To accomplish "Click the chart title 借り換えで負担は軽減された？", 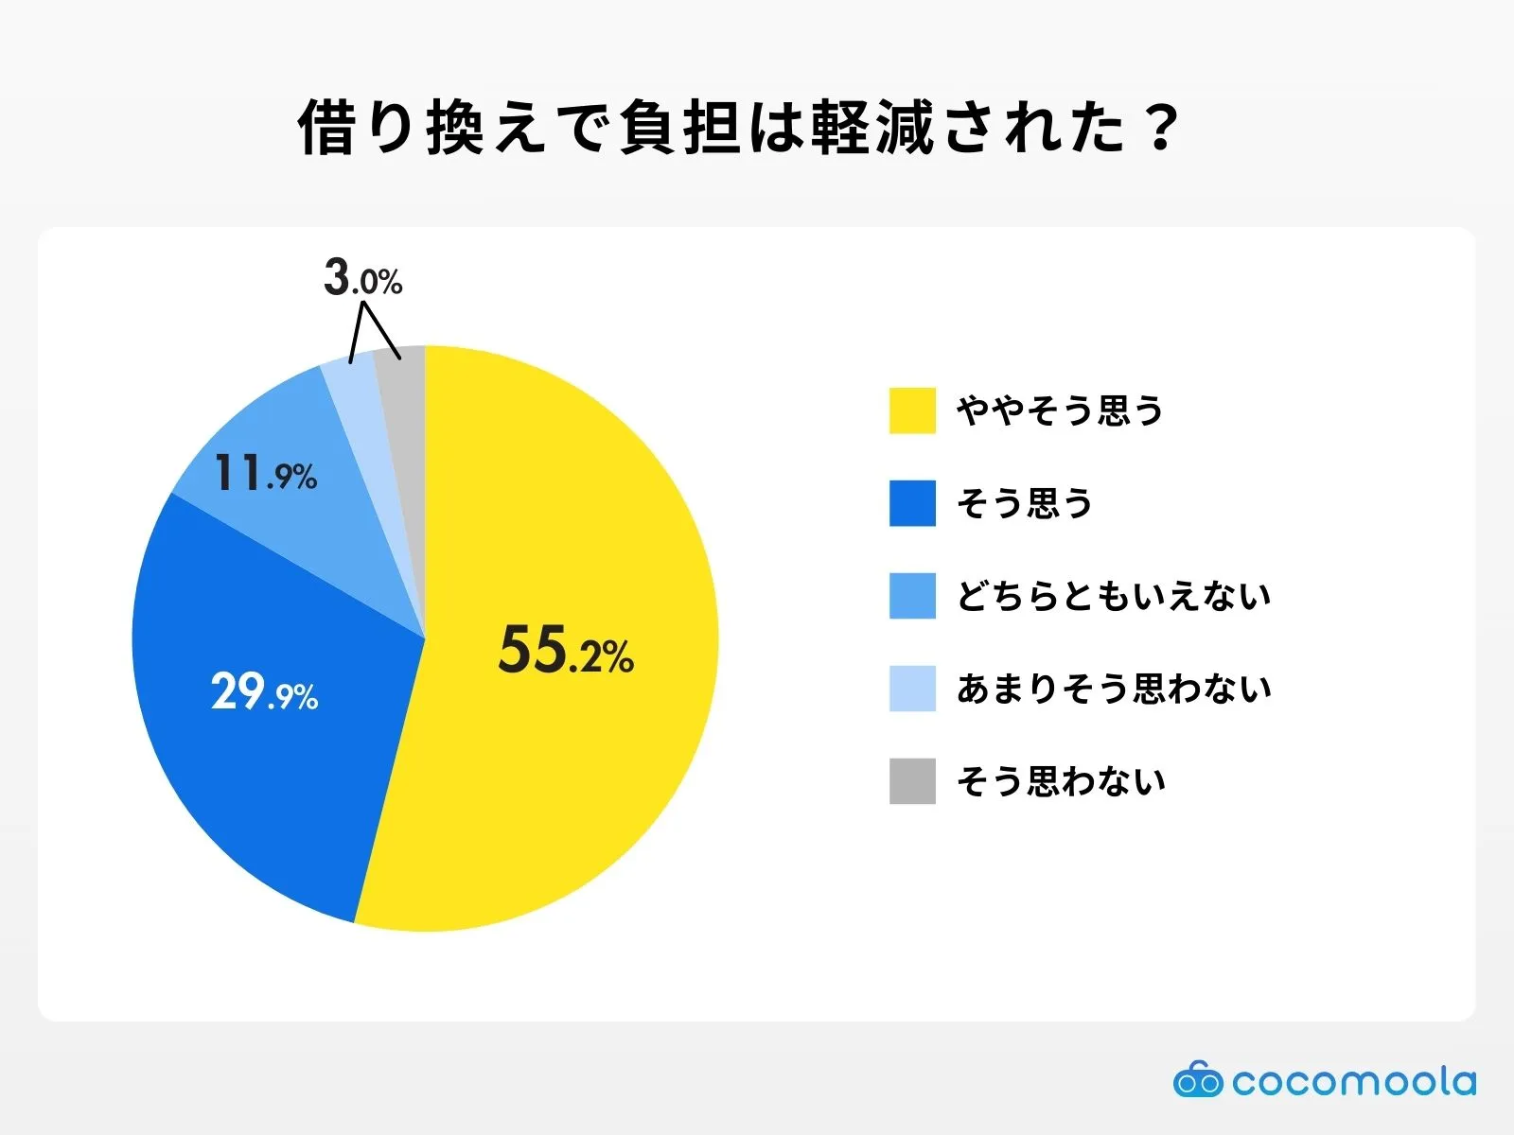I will (738, 128).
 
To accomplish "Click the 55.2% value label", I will (566, 652).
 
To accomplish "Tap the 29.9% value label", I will (264, 692).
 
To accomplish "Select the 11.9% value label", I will (265, 473).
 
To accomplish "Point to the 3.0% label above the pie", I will (363, 279).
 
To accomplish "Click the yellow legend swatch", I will (912, 410).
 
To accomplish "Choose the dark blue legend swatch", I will (912, 503).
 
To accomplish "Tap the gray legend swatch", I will (912, 781).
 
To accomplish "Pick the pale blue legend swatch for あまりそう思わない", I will (912, 689).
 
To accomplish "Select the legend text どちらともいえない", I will (1114, 596).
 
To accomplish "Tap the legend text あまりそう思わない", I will (1114, 689).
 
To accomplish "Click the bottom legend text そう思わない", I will (1061, 781).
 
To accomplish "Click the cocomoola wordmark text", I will (1353, 1081).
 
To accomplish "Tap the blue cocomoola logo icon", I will (1198, 1080).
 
